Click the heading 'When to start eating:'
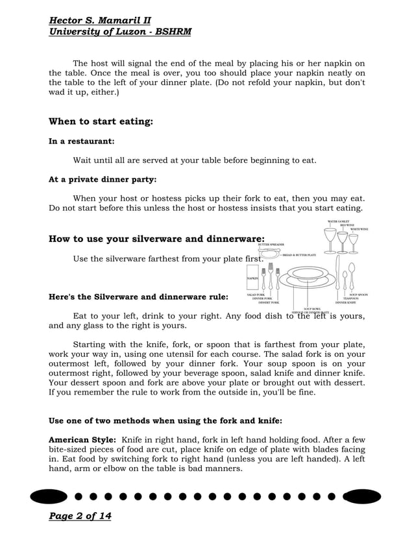pos(101,121)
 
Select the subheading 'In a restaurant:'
pos(82,141)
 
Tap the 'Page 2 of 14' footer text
pos(80,516)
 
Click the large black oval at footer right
pos(357,497)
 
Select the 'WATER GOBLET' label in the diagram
pos(337,221)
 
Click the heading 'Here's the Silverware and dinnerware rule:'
pos(138,297)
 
